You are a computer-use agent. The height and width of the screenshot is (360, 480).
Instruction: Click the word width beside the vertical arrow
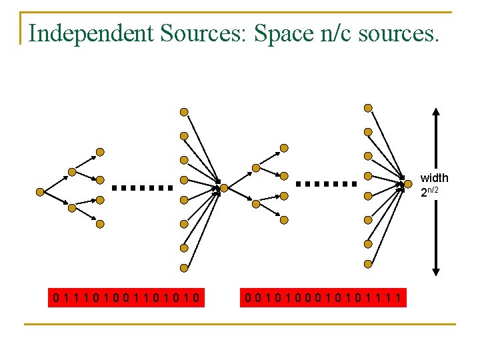[434, 178]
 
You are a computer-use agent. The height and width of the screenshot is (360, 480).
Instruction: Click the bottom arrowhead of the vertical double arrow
[435, 271]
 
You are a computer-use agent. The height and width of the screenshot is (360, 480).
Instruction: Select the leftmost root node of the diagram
[40, 191]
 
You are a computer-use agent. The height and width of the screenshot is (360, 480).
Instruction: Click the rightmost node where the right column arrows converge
[409, 183]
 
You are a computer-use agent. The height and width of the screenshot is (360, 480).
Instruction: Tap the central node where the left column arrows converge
[224, 188]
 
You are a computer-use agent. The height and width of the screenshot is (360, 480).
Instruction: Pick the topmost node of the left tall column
[184, 112]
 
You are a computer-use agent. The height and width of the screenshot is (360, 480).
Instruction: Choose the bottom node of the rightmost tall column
[367, 263]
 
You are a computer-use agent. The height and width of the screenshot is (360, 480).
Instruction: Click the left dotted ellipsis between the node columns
[142, 188]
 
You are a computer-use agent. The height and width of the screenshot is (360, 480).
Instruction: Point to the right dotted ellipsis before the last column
[326, 183]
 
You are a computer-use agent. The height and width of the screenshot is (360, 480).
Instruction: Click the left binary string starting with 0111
[129, 297]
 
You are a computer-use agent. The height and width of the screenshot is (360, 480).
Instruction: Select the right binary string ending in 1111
[323, 297]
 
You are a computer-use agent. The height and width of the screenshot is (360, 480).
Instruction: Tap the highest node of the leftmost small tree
[100, 151]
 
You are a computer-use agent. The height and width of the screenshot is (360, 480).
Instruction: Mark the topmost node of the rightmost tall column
[367, 107]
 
